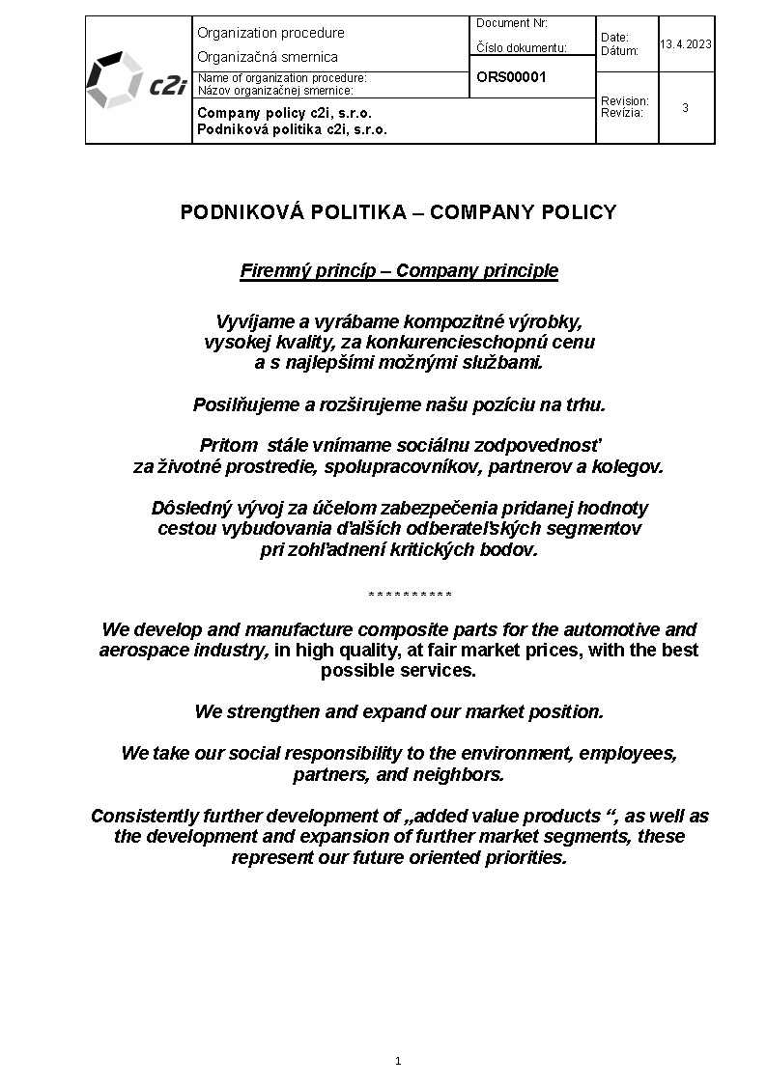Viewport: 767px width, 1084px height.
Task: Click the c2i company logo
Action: point(136,81)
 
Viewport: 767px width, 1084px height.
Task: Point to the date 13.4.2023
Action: point(687,43)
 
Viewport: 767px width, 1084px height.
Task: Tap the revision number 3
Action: point(685,108)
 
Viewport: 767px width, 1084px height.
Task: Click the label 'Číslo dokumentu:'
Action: point(522,47)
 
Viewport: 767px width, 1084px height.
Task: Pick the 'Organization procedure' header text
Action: point(270,33)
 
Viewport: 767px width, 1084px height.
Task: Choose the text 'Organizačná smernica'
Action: point(268,57)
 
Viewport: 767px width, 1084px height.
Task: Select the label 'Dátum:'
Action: point(619,50)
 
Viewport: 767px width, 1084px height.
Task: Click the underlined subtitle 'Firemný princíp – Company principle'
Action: point(399,270)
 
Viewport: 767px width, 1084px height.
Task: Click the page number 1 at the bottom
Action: point(398,1061)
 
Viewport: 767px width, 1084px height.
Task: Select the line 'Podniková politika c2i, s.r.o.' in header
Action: point(292,129)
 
